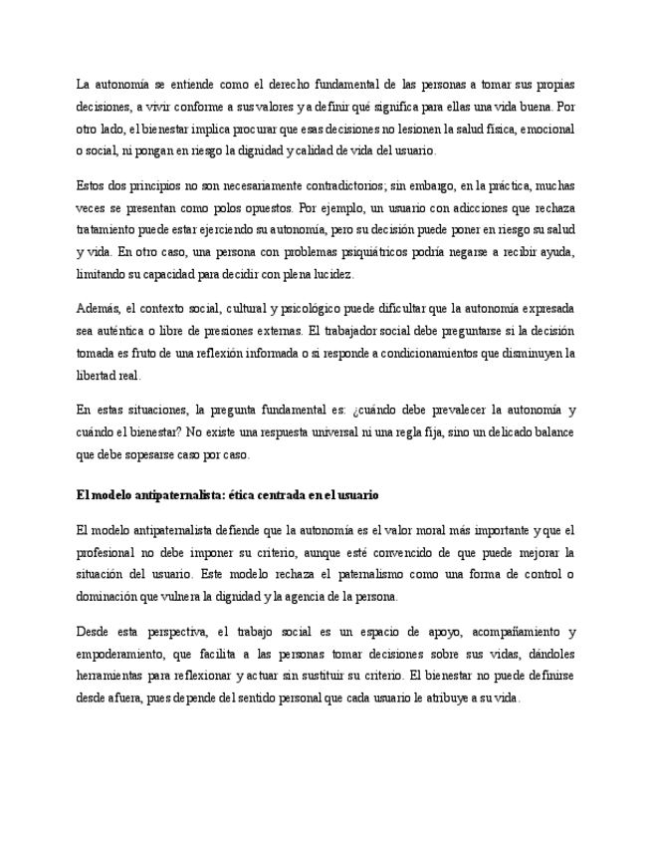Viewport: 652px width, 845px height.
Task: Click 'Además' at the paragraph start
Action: click(97, 308)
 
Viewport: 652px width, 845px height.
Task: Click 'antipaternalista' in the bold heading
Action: click(170, 495)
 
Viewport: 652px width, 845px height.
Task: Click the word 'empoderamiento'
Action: click(123, 654)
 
